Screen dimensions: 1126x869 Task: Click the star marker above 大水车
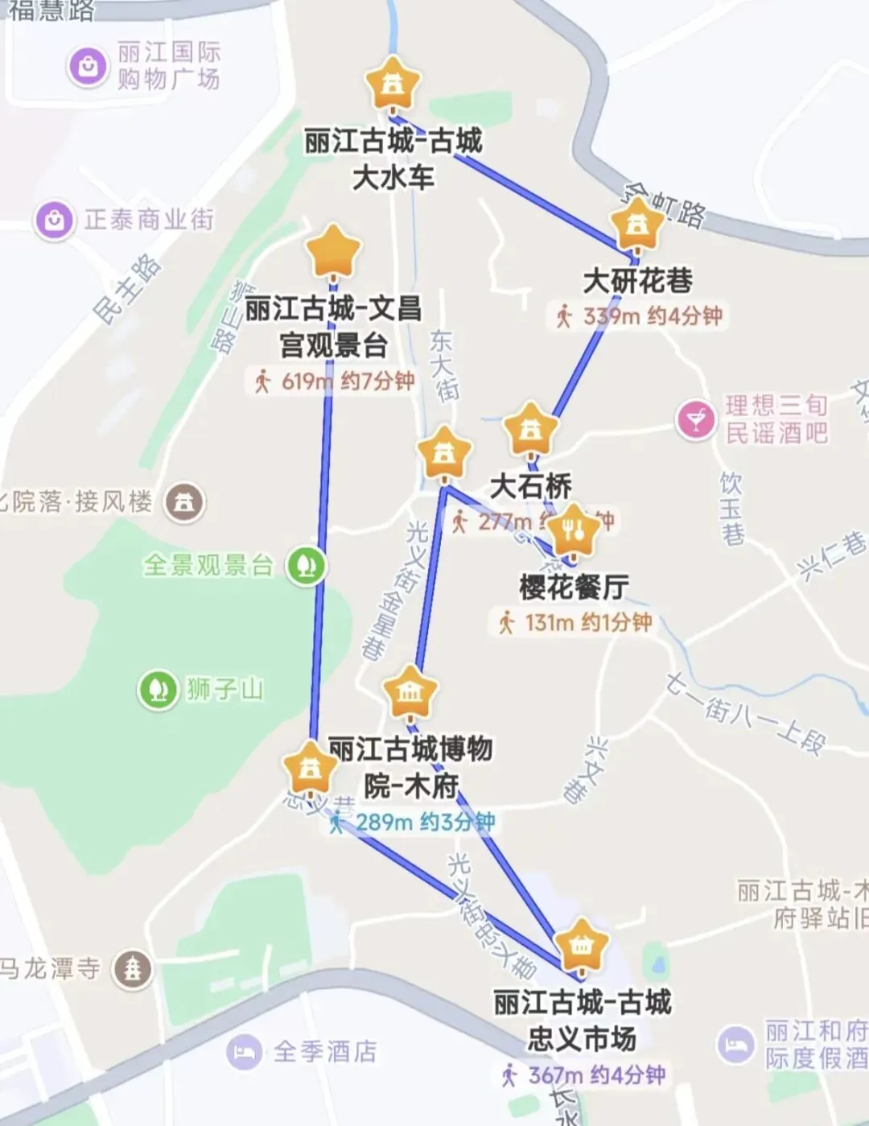pyautogui.click(x=393, y=84)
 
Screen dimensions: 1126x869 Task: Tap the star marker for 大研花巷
pyautogui.click(x=637, y=225)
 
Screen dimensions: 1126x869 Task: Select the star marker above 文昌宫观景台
pyautogui.click(x=333, y=252)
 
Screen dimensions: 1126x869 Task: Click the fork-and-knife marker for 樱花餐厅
pyautogui.click(x=573, y=530)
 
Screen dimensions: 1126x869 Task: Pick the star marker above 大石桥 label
pyautogui.click(x=530, y=431)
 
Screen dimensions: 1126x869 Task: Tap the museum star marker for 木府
pyautogui.click(x=410, y=691)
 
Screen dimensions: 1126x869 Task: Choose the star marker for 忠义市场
pyautogui.click(x=581, y=946)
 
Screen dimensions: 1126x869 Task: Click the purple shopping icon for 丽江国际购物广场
pyautogui.click(x=89, y=65)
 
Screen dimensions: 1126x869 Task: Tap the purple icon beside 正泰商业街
pyautogui.click(x=55, y=219)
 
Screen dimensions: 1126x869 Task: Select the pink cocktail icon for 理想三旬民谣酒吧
pyautogui.click(x=696, y=419)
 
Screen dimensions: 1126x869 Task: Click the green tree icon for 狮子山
pyautogui.click(x=158, y=690)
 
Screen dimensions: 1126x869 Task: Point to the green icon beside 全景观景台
pyautogui.click(x=307, y=565)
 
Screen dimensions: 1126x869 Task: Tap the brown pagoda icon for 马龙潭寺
pyautogui.click(x=133, y=968)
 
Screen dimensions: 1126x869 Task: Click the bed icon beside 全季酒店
pyautogui.click(x=245, y=1051)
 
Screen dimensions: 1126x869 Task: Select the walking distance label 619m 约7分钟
pyautogui.click(x=333, y=381)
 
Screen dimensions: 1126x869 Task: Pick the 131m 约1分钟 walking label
pyautogui.click(x=575, y=622)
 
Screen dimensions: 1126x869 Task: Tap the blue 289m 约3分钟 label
pyautogui.click(x=414, y=822)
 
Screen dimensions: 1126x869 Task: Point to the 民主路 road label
pyautogui.click(x=127, y=289)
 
